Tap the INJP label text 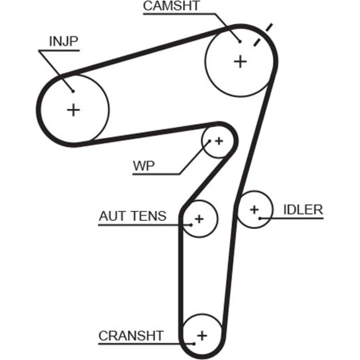click(63, 41)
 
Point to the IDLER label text click(303, 210)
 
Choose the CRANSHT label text click(131, 336)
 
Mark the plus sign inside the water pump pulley click(219, 141)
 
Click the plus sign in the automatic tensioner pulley click(199, 219)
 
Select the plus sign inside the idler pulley click(255, 209)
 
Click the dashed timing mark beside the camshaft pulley click(262, 35)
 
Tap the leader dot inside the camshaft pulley click(240, 42)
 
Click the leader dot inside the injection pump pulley click(73, 91)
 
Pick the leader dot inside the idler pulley click(260, 218)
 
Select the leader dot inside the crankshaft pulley click(194, 343)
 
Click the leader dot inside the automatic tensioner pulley click(192, 225)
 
